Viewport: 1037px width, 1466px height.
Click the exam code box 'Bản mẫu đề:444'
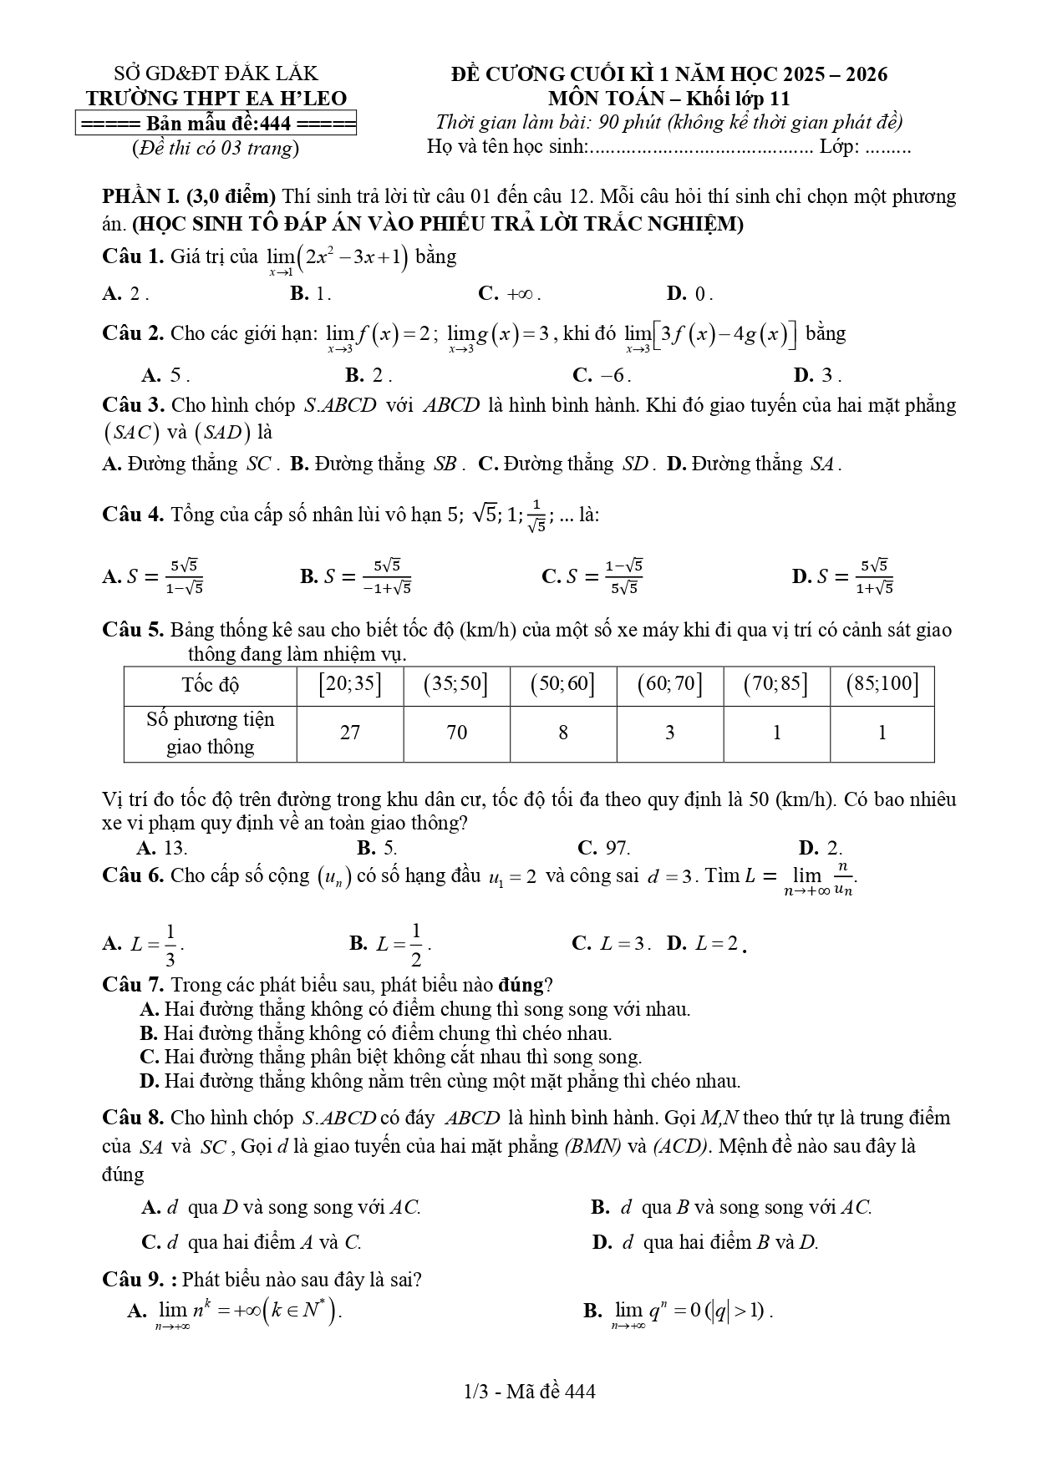[216, 124]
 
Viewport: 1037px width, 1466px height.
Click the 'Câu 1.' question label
[132, 256]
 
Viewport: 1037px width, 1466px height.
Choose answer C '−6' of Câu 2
[602, 375]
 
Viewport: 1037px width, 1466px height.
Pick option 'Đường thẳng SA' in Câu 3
[754, 464]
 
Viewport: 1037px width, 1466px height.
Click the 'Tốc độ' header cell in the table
[211, 686]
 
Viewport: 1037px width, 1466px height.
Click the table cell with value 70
[456, 733]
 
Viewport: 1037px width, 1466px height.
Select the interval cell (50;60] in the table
[562, 685]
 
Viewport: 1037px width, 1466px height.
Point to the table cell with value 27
[350, 733]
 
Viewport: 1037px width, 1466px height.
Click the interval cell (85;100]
[882, 685]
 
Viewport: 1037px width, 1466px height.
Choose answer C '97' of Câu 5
[603, 849]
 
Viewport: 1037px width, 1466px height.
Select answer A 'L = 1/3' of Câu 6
[143, 944]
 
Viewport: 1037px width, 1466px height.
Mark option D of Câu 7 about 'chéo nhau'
[440, 1081]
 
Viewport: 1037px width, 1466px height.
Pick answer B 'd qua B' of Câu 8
[731, 1207]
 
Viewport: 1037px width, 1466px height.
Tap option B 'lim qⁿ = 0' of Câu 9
[678, 1311]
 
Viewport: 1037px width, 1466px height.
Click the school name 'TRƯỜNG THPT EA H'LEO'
[216, 99]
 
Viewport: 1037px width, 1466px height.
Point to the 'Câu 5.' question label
[132, 630]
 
